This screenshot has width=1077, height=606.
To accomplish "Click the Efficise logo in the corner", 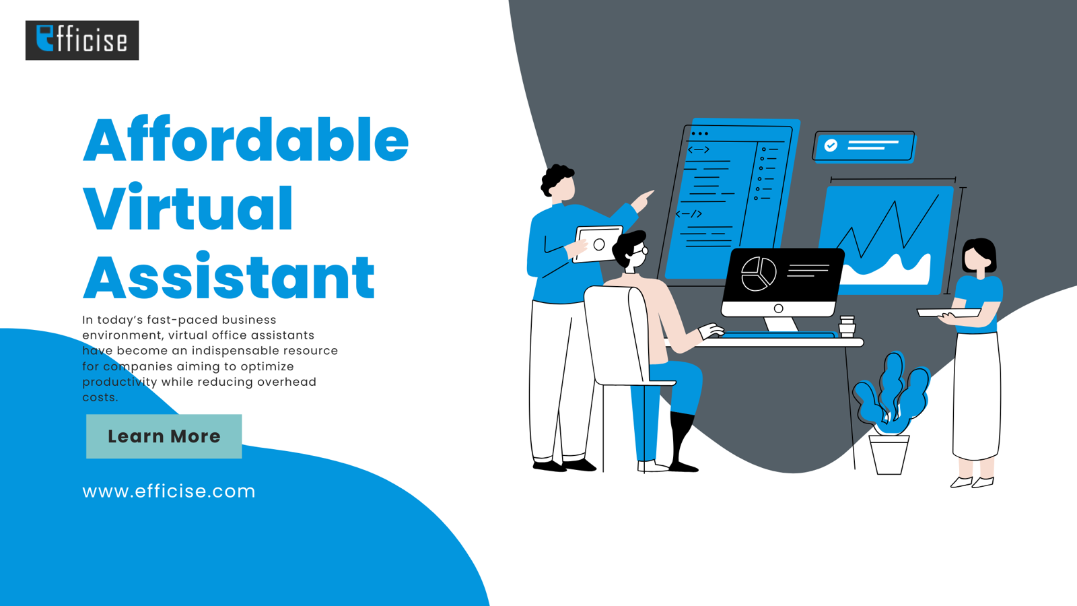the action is [82, 40].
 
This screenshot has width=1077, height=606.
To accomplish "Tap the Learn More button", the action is [164, 436].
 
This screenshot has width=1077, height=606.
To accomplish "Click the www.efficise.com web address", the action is [169, 492].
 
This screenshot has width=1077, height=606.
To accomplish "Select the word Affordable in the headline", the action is [246, 139].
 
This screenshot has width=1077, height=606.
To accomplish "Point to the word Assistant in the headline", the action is [229, 276].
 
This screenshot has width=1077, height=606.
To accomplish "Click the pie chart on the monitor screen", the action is [759, 273].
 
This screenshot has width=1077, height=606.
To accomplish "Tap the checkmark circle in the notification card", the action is [831, 145].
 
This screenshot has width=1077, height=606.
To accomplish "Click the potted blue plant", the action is [891, 413].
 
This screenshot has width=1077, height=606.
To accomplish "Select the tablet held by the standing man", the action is [598, 244].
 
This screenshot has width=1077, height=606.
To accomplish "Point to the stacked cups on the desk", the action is [847, 326].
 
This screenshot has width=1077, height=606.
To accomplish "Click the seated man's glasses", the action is [640, 250].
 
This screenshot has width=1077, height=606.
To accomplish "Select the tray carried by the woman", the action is [948, 312].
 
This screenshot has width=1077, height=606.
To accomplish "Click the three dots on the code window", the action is [699, 134].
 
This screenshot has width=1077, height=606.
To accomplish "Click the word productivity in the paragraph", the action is [120, 382].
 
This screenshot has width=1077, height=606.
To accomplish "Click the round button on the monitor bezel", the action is [778, 309].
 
